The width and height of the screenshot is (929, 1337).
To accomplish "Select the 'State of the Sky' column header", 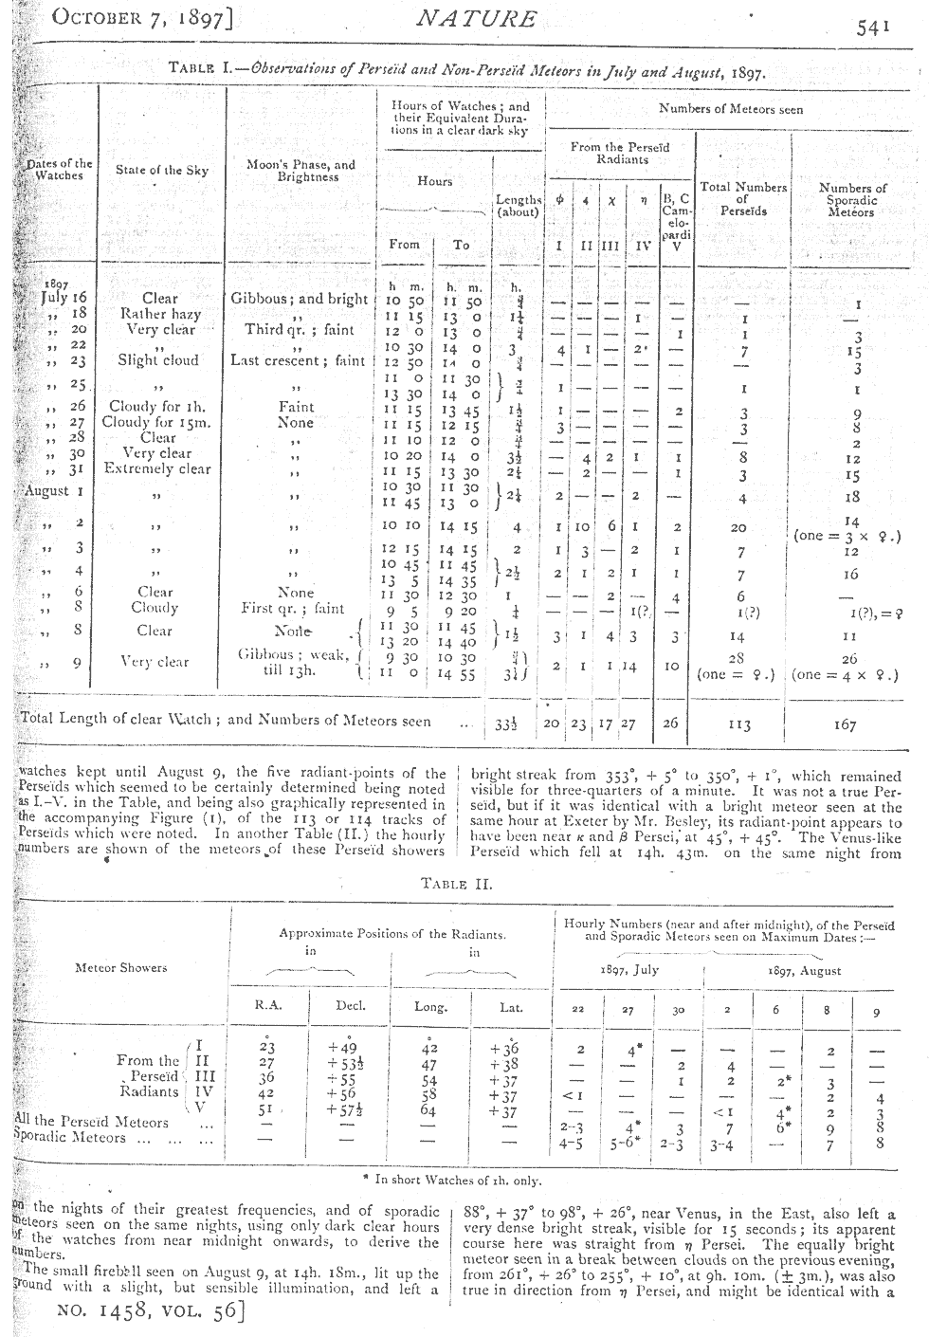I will [x=161, y=171].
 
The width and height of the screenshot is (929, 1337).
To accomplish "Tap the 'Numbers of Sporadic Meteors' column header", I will [x=852, y=200].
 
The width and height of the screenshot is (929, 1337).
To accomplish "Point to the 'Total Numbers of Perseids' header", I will [x=743, y=199].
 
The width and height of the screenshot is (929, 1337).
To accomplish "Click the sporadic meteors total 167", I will [x=845, y=725].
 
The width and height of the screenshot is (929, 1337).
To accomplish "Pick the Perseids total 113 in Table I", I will [x=740, y=725].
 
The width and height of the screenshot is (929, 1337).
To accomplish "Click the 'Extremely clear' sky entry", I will [x=157, y=468].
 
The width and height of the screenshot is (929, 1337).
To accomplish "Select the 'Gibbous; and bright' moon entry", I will [x=299, y=299].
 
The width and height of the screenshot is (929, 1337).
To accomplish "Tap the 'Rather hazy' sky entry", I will [x=157, y=314].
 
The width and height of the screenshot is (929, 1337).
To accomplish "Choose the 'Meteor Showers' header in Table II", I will [x=121, y=968].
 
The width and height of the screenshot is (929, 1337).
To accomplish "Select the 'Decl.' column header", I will [x=351, y=1006].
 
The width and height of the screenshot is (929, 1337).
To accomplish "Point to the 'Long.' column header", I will [x=431, y=1007].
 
